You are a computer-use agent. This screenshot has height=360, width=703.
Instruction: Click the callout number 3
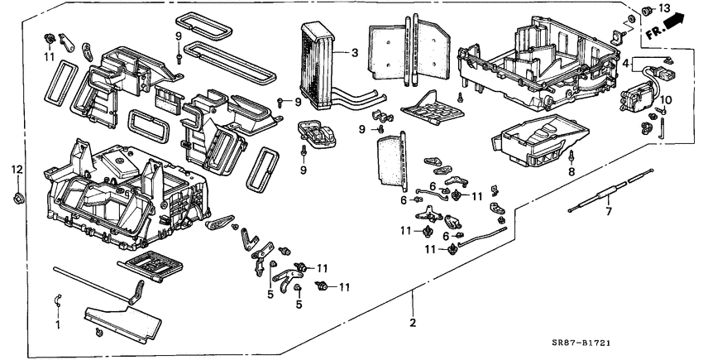pyautogui.click(x=354, y=54)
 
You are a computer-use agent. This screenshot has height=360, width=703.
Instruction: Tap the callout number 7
pyautogui.click(x=608, y=212)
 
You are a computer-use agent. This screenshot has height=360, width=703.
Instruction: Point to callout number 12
pyautogui.click(x=17, y=170)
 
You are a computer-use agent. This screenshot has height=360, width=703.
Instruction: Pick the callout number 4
pyautogui.click(x=626, y=63)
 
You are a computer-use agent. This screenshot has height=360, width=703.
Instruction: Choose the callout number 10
pyautogui.click(x=668, y=101)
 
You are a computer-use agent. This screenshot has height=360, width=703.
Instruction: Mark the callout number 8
pyautogui.click(x=570, y=173)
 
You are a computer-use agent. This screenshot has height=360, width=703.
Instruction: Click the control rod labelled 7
pyautogui.click(x=613, y=191)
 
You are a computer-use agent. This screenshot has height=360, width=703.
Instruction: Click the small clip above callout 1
pyautogui.click(x=57, y=299)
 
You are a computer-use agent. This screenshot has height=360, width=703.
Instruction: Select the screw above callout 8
pyautogui.click(x=571, y=156)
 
